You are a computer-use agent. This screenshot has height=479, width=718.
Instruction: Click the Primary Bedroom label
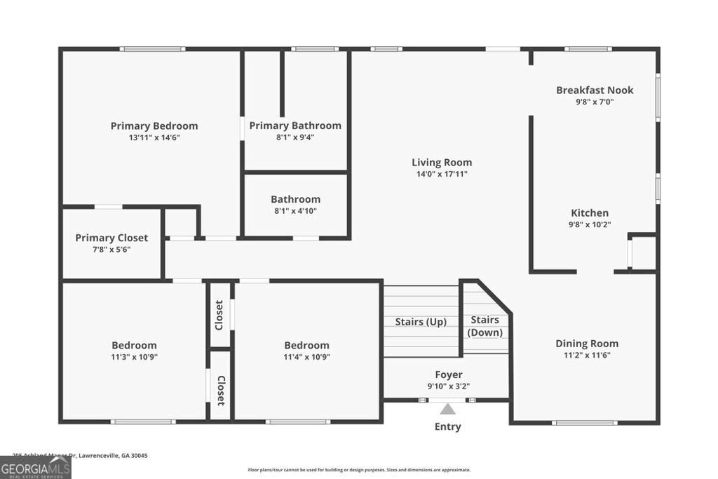point(154,126)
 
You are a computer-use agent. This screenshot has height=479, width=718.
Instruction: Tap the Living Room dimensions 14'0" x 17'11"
point(441,174)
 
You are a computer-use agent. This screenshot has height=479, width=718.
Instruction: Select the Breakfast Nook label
point(595,90)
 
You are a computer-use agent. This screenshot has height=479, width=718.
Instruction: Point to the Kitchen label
point(590,213)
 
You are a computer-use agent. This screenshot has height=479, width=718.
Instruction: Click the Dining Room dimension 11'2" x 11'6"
point(587,356)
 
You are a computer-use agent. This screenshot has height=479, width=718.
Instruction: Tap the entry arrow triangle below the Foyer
point(447,408)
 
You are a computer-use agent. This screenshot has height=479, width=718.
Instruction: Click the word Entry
point(447,426)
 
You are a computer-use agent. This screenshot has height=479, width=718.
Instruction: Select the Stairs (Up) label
point(421,322)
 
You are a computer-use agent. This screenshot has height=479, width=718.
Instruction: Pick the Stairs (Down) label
point(485,326)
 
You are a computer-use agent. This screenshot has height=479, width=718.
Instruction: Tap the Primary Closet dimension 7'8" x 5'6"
point(111,250)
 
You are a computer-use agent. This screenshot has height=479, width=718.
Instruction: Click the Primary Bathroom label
point(295,126)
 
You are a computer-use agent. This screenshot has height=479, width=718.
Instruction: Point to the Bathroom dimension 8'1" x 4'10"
point(295,210)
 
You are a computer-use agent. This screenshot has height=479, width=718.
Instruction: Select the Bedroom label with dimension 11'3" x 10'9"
point(134,345)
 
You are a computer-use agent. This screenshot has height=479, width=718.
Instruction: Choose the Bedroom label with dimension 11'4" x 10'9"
point(306,345)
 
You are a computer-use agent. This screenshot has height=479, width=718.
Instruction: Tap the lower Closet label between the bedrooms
point(220,391)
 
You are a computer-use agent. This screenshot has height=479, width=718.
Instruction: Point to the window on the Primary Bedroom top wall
point(152,49)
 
